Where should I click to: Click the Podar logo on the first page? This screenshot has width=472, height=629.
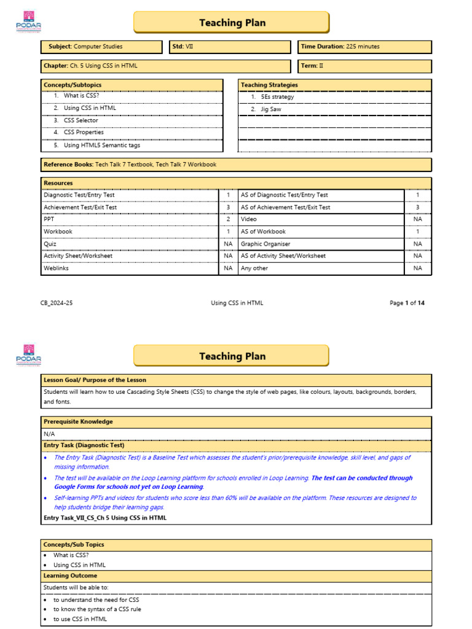(28, 22)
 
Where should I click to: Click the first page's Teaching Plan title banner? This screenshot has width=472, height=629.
(232, 23)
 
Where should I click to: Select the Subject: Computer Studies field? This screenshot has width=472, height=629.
(101, 47)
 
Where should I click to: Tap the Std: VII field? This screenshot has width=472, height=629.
(230, 47)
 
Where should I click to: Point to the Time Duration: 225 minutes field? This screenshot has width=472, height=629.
(365, 47)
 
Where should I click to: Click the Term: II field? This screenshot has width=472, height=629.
(365, 66)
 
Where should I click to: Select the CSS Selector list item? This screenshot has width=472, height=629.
(81, 120)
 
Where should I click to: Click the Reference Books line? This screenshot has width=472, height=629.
(130, 165)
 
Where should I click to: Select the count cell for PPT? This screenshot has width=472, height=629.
(228, 219)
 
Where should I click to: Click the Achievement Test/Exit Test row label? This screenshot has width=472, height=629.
(80, 208)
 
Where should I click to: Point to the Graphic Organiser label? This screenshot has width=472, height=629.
(265, 244)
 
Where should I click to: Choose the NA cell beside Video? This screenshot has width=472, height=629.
(418, 219)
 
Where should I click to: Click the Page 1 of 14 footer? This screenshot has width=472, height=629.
(407, 303)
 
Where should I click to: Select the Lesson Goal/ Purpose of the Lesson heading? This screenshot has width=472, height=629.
(95, 380)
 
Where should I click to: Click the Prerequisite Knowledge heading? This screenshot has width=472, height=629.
(78, 422)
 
